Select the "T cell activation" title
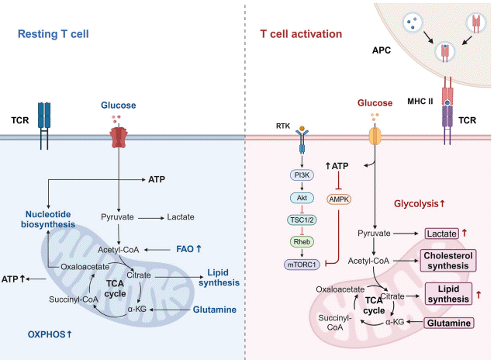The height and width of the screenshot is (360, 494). point(300,34)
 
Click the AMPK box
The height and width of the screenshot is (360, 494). point(340,198)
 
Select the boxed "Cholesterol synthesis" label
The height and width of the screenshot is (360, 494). point(447,260)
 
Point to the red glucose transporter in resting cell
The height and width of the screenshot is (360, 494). point(118,137)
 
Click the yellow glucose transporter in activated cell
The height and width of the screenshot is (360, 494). point(375,137)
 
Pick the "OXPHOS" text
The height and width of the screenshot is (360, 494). point(47,334)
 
